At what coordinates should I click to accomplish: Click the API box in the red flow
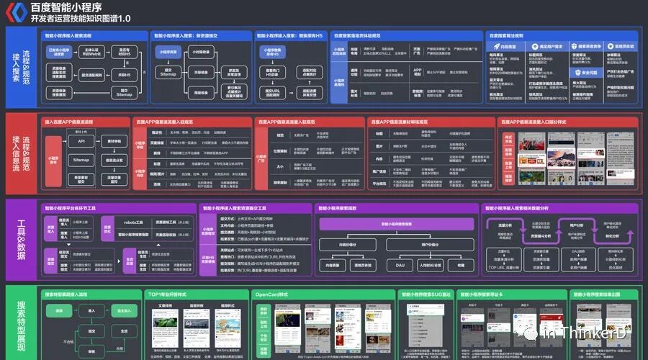tap(81, 142)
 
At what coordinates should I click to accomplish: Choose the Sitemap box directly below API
tap(81, 160)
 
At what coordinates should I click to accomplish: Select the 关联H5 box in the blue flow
tap(122, 75)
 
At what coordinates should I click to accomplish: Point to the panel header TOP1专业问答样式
tap(167, 294)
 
